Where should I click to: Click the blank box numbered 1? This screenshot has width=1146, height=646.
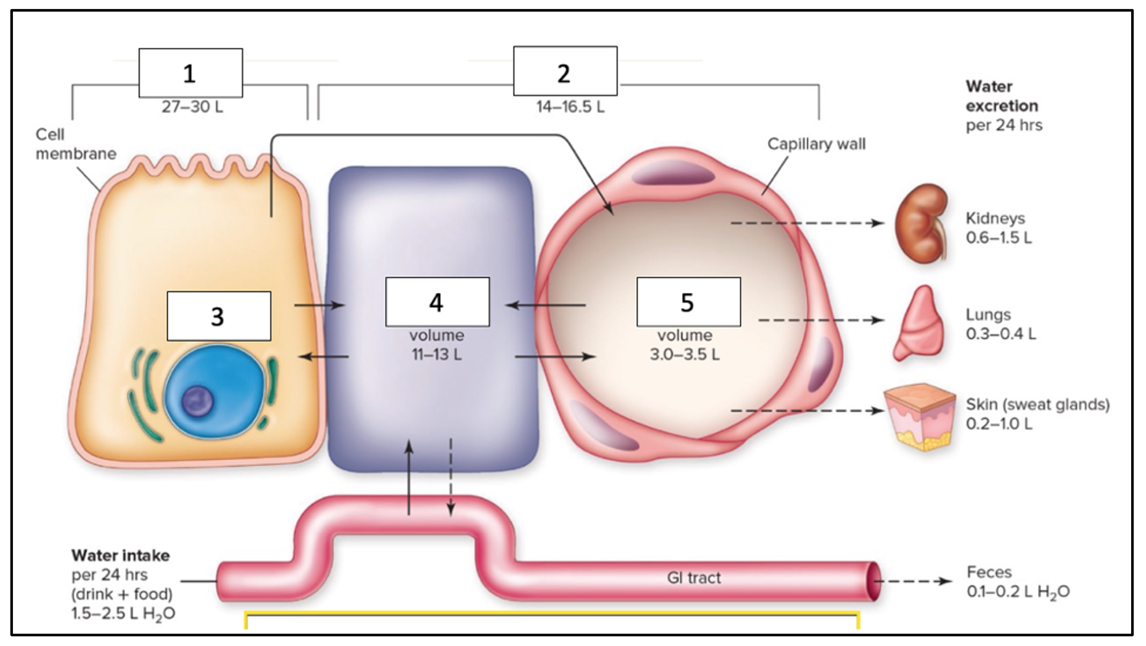click(190, 73)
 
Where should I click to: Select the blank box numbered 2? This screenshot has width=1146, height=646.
click(565, 71)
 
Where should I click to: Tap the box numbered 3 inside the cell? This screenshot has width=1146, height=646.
click(218, 316)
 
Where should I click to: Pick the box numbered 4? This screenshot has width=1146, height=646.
click(437, 302)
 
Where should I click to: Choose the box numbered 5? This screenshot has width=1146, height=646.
click(688, 302)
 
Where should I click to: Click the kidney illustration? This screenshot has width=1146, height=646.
click(921, 223)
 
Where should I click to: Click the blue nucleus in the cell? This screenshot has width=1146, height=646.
click(215, 396)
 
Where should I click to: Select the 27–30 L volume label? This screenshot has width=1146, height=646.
click(192, 107)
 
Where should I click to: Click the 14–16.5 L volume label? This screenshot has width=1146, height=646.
click(570, 107)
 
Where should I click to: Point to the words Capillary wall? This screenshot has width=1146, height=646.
click(816, 144)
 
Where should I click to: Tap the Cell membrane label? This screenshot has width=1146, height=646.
click(75, 144)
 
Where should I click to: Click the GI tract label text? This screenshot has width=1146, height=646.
click(694, 578)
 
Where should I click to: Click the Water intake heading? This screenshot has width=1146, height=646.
click(120, 556)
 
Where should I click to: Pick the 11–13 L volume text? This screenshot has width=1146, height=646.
click(437, 355)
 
